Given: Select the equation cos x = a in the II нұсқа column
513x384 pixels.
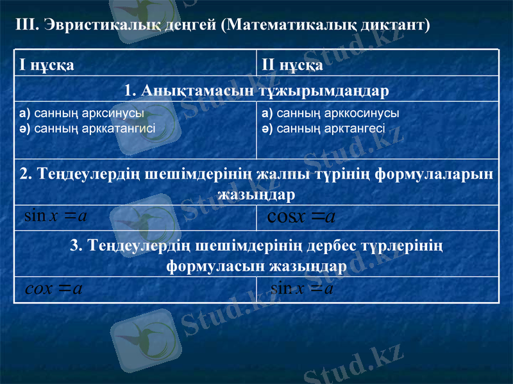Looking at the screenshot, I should click(301, 218).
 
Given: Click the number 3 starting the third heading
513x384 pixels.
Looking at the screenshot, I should click(74, 246).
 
